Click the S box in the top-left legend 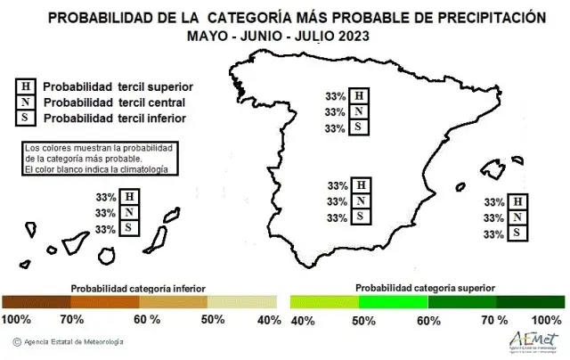click(26, 119)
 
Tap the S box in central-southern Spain click(361, 217)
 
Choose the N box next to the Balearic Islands click(517, 217)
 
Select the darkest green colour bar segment click(531, 302)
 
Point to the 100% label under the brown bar click(16, 320)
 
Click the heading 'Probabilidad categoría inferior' click(138, 289)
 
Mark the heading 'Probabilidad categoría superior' click(426, 289)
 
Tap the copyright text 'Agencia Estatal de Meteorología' click(74, 342)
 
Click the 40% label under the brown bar click(269, 320)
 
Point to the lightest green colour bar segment click(324, 302)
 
